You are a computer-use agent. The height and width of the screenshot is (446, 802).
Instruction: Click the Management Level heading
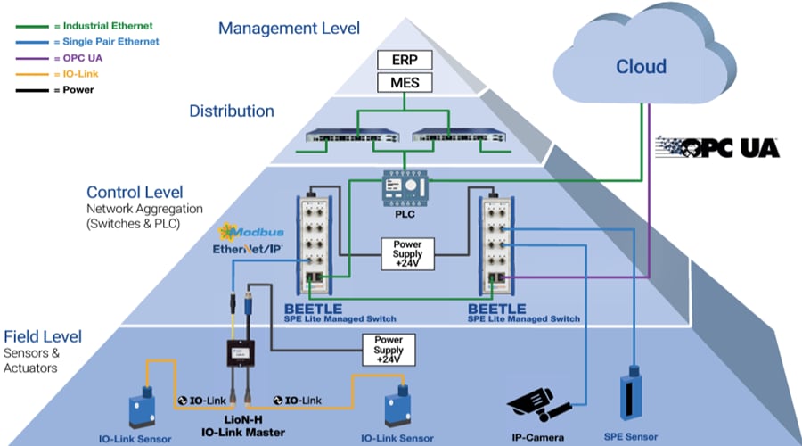[289, 29]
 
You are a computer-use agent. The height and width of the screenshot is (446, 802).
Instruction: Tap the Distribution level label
[231, 111]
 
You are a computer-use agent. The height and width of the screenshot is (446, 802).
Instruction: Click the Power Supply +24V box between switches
[406, 252]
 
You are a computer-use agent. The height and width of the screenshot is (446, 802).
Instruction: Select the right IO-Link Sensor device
[396, 406]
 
